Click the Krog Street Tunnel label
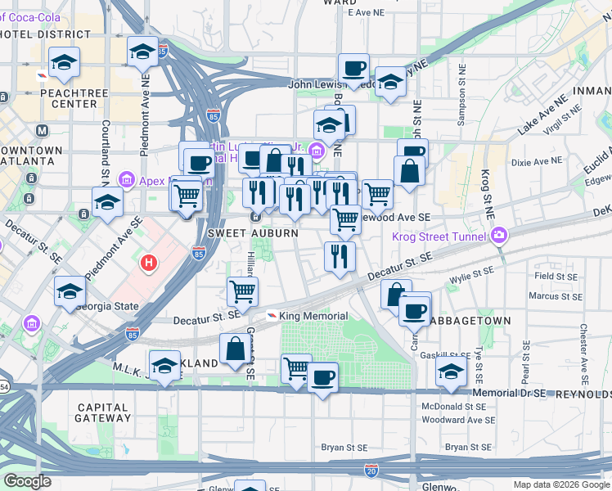445,236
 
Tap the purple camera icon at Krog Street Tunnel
498,236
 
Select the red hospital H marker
149,263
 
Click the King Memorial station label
313,316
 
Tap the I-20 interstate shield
371,470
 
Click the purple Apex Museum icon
127,178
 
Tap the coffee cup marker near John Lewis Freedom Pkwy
353,69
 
